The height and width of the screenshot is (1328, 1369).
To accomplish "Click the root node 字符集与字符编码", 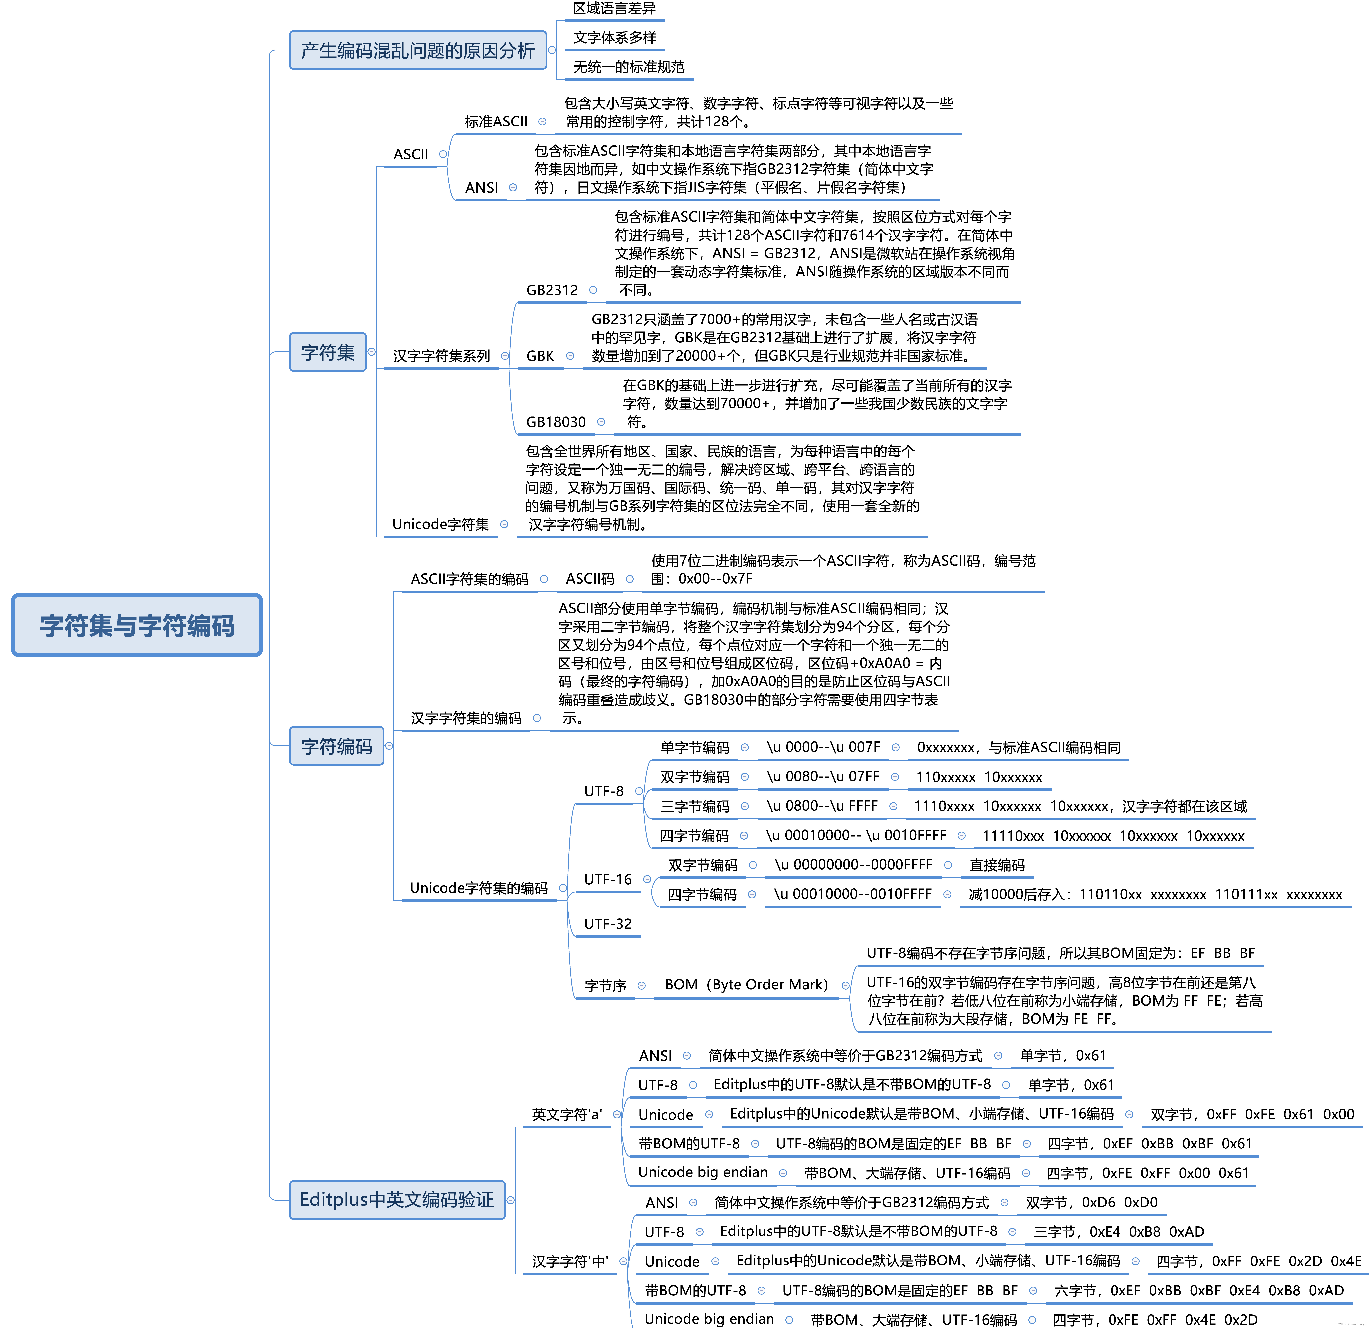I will coord(137,625).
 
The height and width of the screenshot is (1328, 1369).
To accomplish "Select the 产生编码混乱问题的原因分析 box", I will coord(418,50).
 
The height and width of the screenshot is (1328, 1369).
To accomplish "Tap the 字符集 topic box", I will coord(328,352).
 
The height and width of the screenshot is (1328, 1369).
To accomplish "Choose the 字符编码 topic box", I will coord(337,746).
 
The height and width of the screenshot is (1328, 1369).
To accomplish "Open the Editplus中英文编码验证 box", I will coord(397,1200).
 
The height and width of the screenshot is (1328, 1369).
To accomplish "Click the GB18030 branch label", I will coord(556,422).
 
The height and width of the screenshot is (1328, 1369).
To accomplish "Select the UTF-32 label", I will coord(608,924).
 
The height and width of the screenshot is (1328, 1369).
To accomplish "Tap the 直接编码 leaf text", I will coord(997,865).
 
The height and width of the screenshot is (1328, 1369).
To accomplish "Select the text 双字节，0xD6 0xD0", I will coord(1091,1202).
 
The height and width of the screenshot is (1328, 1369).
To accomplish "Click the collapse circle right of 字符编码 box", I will coord(389,746).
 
